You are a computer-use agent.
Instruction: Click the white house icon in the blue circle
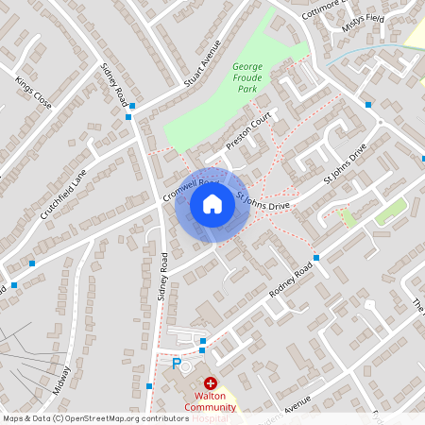(x=212, y=204)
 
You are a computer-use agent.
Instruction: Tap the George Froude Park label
(x=246, y=77)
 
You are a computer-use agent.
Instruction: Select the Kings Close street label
(x=32, y=93)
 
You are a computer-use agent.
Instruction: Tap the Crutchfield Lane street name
(x=63, y=194)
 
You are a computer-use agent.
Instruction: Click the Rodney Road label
(x=290, y=280)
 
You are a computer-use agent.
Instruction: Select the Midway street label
(x=62, y=381)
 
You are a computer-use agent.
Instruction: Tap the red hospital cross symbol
(x=210, y=382)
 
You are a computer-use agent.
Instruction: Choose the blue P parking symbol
(x=176, y=362)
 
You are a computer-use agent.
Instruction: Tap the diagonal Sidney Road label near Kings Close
(x=114, y=82)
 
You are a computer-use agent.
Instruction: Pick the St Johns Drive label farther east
(x=344, y=164)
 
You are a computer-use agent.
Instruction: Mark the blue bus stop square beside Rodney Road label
(x=315, y=257)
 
